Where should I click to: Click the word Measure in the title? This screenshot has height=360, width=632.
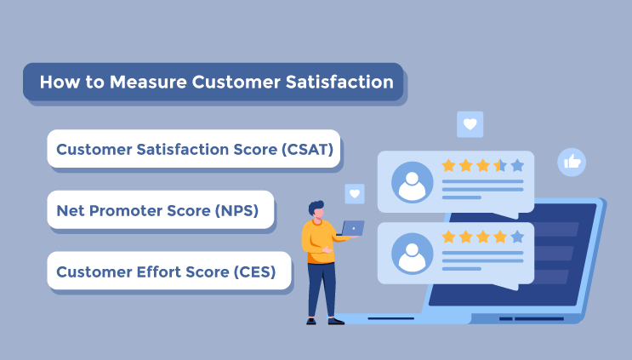pos(148,83)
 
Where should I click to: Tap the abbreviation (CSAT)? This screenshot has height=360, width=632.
pos(308,150)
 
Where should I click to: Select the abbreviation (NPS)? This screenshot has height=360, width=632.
pos(236,211)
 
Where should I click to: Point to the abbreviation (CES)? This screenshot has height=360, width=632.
pos(254,272)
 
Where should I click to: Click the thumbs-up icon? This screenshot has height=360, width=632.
pos(572,163)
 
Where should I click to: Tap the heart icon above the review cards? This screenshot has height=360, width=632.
pos(470,124)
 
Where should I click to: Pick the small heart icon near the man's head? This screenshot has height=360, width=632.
pos(355,194)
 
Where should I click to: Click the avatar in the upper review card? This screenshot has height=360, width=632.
pos(412,182)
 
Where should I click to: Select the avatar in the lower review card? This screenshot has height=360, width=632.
pos(412,254)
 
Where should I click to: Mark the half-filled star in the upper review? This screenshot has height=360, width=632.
pos(500,165)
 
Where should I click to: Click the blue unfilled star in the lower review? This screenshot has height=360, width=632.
pos(517,237)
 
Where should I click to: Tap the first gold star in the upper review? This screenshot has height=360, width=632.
pos(448,165)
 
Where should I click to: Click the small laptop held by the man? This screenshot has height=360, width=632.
pos(353,228)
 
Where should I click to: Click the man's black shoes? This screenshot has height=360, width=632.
pos(326,322)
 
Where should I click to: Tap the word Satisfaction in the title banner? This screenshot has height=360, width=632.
pos(339,83)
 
